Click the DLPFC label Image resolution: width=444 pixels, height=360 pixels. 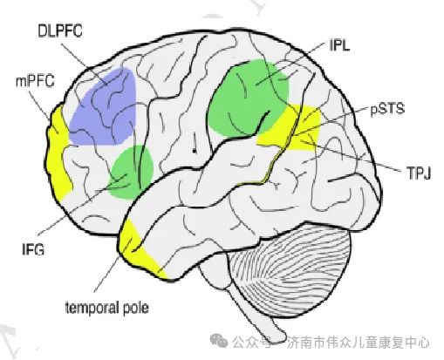click(x=60, y=31)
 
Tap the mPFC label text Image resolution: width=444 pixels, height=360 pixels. click(x=35, y=81)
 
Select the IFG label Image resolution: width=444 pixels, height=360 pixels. click(x=33, y=249)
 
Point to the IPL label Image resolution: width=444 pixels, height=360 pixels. click(x=339, y=45)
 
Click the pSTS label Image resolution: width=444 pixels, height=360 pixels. click(x=387, y=108)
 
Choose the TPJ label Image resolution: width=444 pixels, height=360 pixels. click(x=419, y=173)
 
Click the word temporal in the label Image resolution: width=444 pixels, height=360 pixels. click(x=92, y=308)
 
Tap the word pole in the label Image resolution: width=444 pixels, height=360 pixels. click(x=136, y=309)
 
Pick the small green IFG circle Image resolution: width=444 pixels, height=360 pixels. click(x=131, y=172)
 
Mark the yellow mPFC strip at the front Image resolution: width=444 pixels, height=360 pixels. click(x=59, y=151)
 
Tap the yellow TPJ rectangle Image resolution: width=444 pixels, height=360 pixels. click(x=290, y=128)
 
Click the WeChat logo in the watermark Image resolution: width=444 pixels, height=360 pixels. click(x=219, y=340)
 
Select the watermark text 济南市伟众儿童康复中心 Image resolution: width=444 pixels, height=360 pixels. click(x=359, y=342)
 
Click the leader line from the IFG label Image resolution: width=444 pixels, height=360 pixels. click(x=82, y=205)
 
